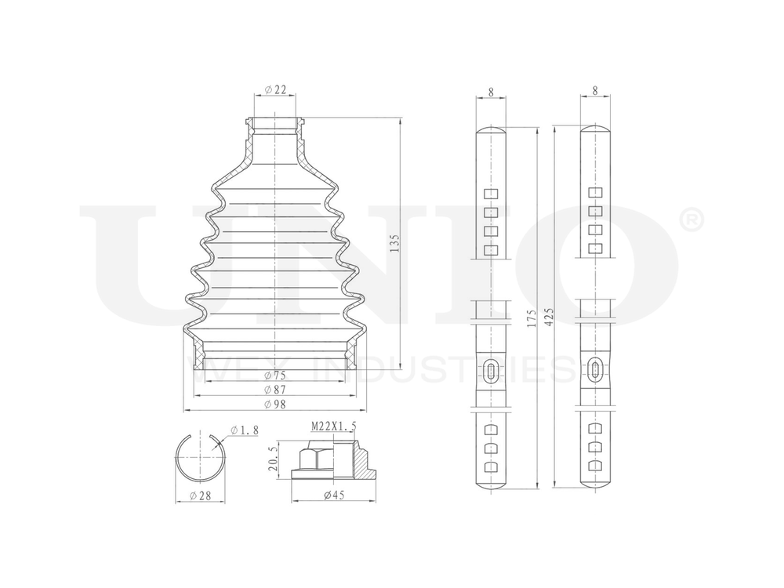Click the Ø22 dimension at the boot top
[274, 89]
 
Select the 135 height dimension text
[394, 244]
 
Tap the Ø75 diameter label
[274, 375]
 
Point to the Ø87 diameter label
[274, 389]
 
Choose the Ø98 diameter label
[274, 403]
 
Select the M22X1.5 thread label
[333, 426]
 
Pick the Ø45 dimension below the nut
[333, 495]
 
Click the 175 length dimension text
[532, 318]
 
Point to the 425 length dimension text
[549, 318]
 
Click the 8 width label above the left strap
[491, 92]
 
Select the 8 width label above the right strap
[595, 92]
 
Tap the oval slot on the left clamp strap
[491, 371]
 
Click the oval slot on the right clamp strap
[595, 371]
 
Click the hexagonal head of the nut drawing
[316, 456]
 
